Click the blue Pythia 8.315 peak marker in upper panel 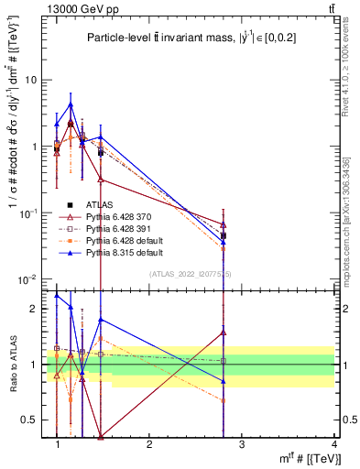click(71, 104)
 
